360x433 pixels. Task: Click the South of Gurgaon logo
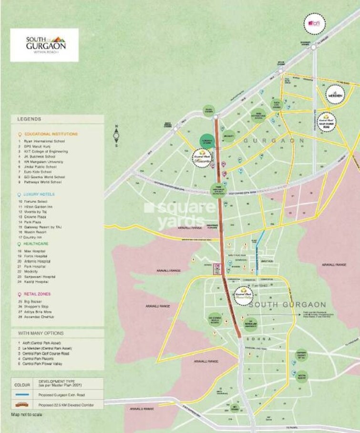tap(44, 44)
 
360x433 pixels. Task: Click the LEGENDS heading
tap(30, 119)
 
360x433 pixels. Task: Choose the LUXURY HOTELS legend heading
tap(39, 195)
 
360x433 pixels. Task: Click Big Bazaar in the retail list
tap(34, 302)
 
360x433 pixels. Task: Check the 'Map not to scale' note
tap(28, 414)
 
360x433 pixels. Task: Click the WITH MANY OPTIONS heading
tap(41, 333)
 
